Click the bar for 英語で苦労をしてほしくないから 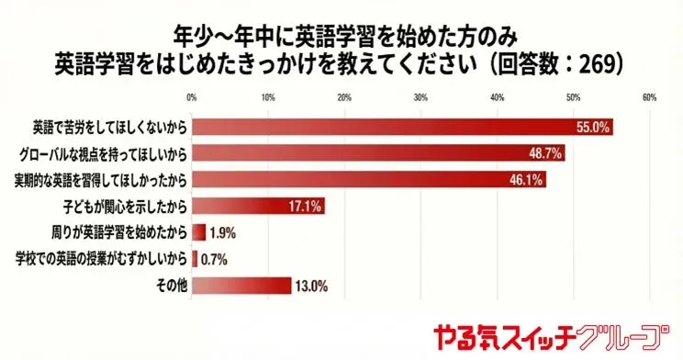(x=402, y=128)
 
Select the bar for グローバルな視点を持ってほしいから (x=378, y=153)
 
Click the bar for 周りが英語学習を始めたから (x=198, y=231)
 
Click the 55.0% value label (x=593, y=128)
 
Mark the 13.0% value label (x=310, y=286)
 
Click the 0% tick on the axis (x=191, y=96)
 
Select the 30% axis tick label (x=420, y=96)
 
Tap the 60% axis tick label (x=648, y=96)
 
